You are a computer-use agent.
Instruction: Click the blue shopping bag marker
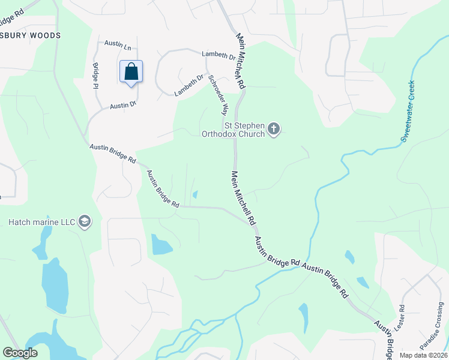click(131, 72)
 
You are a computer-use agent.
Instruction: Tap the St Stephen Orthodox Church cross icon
click(274, 128)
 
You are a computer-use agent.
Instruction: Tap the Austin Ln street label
click(118, 44)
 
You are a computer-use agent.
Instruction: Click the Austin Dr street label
click(123, 105)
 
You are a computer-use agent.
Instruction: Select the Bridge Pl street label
click(95, 77)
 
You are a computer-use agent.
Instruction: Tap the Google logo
click(20, 353)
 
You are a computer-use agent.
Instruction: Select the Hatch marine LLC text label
click(41, 222)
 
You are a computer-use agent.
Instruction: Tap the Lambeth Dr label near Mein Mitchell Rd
click(218, 55)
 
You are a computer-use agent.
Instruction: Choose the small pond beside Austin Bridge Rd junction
click(195, 194)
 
